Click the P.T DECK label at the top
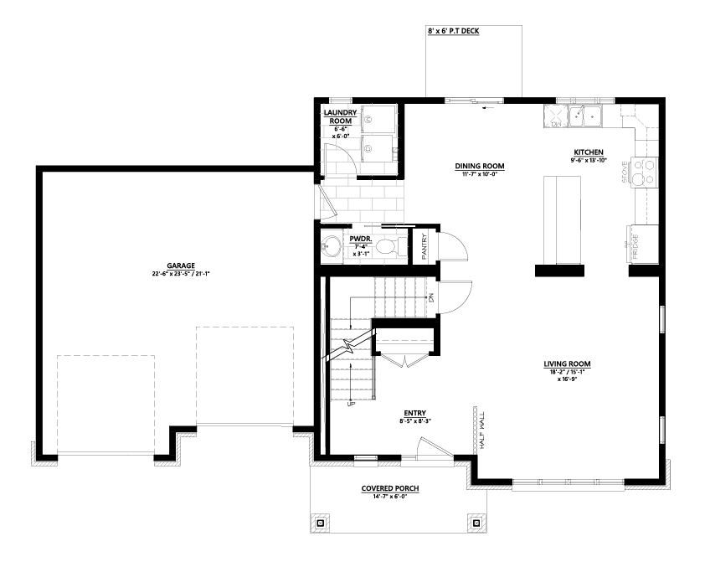pos(458,31)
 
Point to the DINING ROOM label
pos(480,166)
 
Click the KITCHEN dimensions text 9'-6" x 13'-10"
pos(588,160)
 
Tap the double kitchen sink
pos(586,116)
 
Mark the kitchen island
pos(560,219)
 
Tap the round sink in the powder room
pos(332,247)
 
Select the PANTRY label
pos(425,246)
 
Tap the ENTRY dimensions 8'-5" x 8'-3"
pos(415,420)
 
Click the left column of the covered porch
pos(321,523)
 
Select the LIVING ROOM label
pos(568,363)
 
